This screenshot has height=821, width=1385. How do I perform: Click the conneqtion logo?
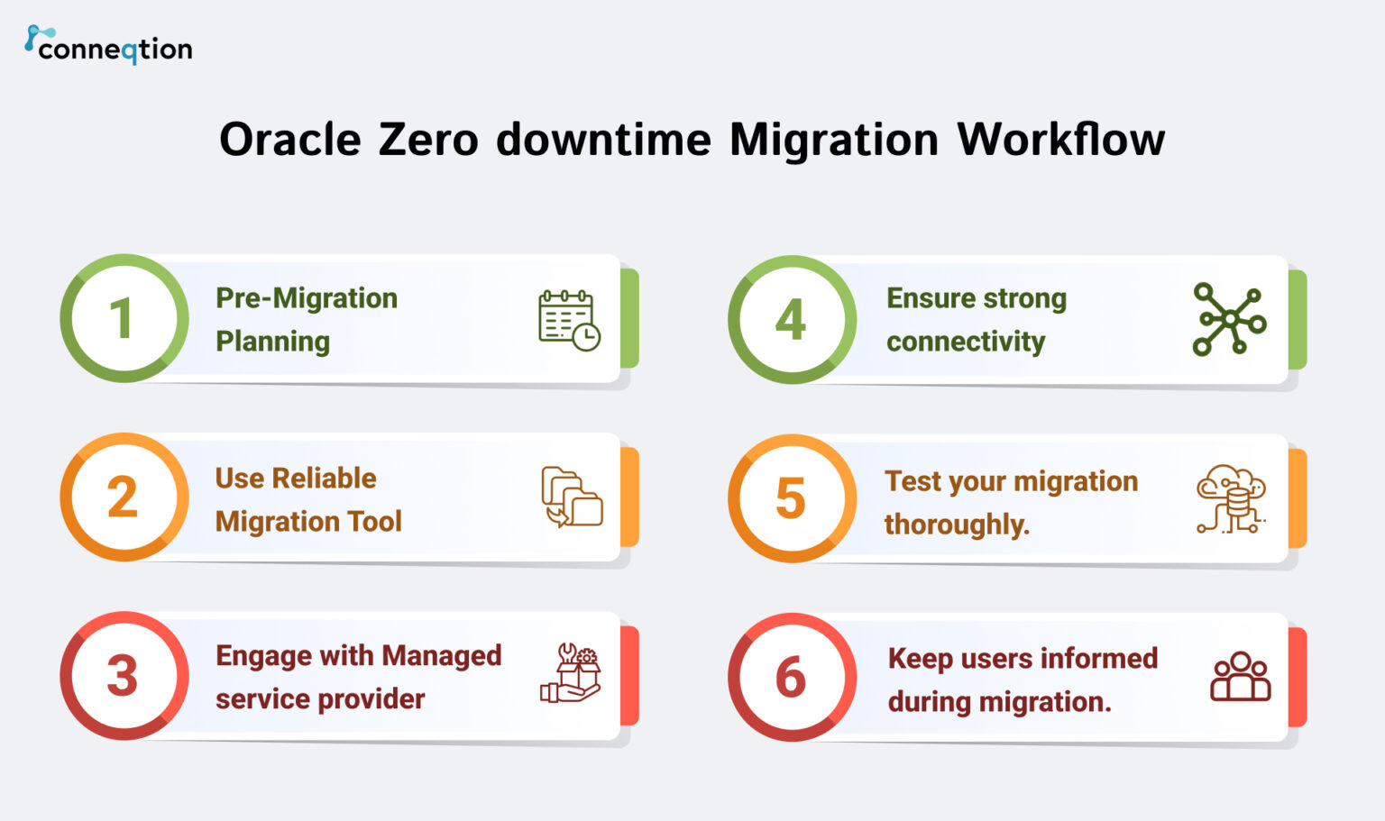(108, 45)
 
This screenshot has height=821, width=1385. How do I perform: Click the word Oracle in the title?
(289, 141)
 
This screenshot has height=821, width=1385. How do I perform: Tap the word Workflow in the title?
(1060, 141)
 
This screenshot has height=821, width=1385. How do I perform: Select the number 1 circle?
(124, 318)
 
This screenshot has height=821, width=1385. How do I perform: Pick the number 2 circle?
(124, 497)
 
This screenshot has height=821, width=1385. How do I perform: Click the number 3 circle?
(124, 675)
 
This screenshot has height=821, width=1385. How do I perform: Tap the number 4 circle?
(792, 319)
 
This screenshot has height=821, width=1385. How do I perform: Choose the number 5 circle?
(792, 497)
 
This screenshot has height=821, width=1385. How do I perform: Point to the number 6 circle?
(792, 677)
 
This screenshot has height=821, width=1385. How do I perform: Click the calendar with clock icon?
(569, 320)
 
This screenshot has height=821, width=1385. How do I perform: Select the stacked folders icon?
(571, 497)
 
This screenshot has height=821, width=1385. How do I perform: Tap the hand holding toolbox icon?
(570, 673)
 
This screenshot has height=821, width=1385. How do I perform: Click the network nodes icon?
(1229, 319)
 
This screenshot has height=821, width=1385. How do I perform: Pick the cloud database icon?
(1231, 498)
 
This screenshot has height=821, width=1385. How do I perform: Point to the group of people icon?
(1240, 677)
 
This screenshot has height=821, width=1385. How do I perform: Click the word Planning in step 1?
(272, 342)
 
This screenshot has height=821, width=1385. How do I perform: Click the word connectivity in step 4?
(965, 342)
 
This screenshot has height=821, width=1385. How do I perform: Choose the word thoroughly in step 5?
(956, 525)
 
